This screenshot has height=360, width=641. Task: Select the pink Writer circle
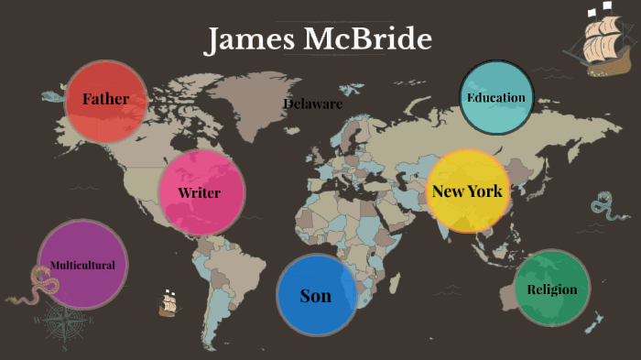click(201, 192)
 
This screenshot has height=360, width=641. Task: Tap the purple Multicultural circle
click(82, 265)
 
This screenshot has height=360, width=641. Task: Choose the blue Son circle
click(316, 295)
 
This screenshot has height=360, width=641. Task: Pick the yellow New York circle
click(467, 191)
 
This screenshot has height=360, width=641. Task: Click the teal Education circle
click(496, 98)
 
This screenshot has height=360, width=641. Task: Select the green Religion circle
click(551, 289)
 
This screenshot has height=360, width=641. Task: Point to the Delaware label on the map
click(312, 104)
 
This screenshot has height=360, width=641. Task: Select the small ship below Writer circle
click(168, 303)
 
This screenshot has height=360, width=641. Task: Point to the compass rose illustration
click(64, 323)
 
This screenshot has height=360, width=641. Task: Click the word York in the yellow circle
click(485, 191)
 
